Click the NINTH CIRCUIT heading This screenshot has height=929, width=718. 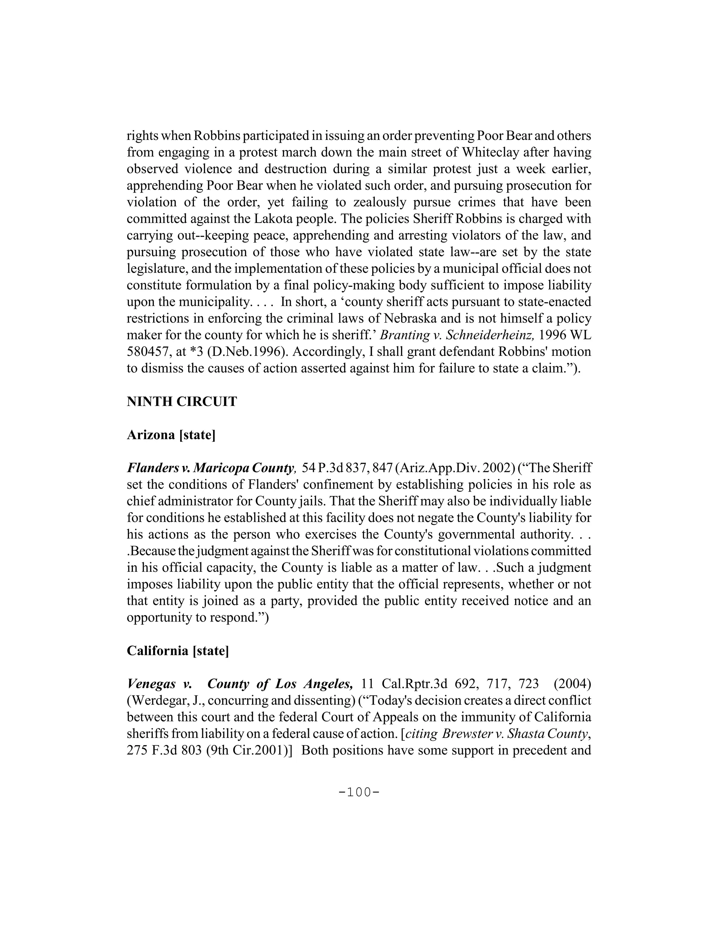point(182,401)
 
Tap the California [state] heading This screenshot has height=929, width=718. point(178,651)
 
